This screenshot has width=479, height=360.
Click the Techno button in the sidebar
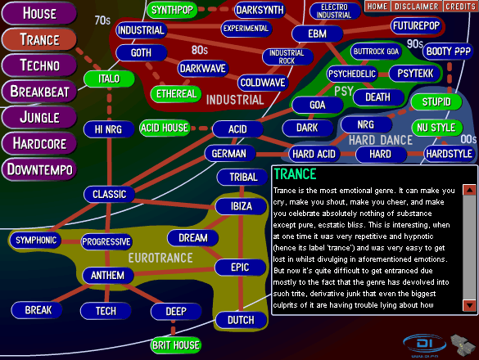click(39, 65)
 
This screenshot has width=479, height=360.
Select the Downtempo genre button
click(39, 169)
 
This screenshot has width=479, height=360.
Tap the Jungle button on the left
click(39, 118)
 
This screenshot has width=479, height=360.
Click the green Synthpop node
click(172, 10)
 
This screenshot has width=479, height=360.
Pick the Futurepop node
click(416, 26)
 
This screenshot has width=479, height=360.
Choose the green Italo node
click(109, 79)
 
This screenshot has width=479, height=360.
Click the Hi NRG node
click(109, 129)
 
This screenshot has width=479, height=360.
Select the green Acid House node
click(165, 128)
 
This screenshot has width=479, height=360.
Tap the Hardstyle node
click(449, 154)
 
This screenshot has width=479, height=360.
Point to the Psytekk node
click(415, 74)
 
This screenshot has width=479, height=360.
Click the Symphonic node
click(36, 241)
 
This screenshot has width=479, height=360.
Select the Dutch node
click(241, 320)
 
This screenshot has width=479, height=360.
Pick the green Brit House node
click(176, 345)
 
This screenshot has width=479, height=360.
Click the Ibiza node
click(241, 206)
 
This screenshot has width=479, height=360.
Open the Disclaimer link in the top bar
click(417, 7)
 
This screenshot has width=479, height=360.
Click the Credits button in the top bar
click(460, 7)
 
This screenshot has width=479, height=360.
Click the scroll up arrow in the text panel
click(469, 191)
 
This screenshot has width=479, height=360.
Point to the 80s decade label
click(200, 50)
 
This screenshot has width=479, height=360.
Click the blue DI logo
click(425, 345)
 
